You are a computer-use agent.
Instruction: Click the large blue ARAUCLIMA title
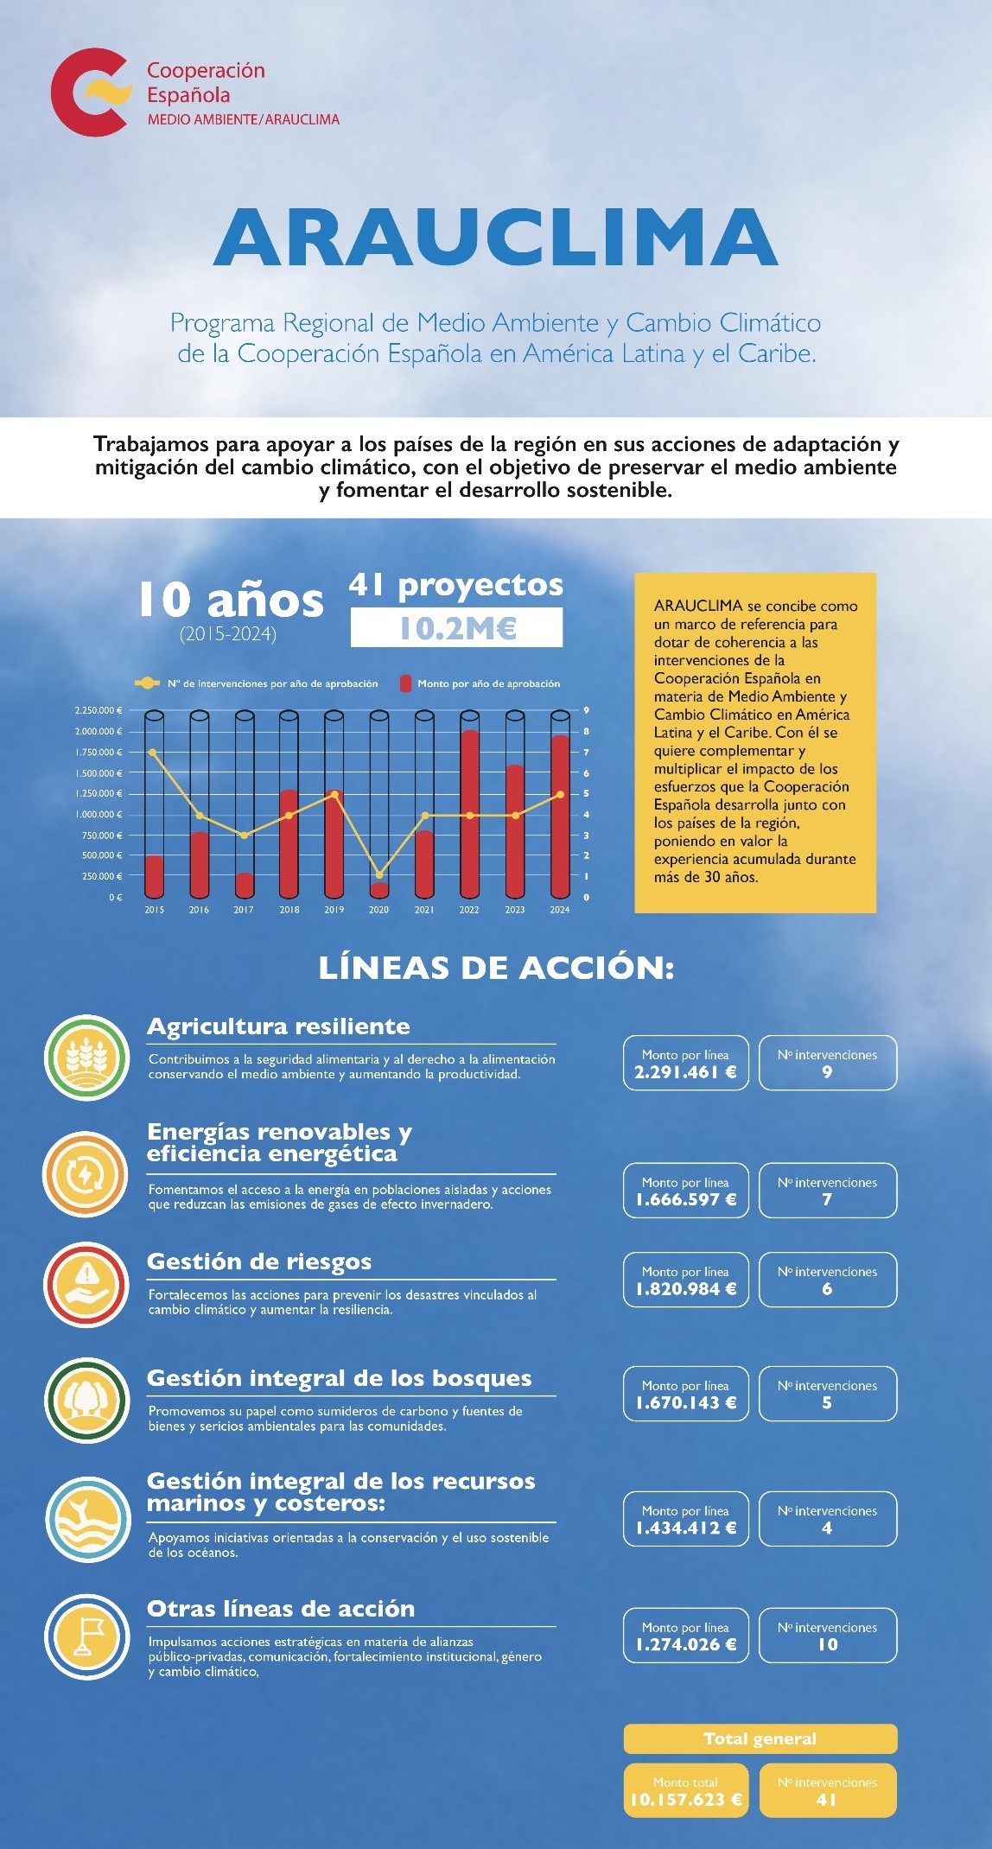point(495,238)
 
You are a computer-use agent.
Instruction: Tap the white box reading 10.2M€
point(456,628)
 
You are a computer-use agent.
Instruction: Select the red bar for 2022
point(469,814)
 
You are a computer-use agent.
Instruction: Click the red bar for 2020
point(379,890)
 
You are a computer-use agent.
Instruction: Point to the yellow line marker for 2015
point(153,753)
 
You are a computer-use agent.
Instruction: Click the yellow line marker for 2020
point(379,875)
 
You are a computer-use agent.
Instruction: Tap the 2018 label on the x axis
point(289,910)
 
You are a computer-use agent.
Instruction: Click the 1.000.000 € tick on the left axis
point(99,815)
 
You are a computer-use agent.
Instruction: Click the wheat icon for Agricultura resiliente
point(86,1058)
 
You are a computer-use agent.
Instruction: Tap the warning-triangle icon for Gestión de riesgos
point(86,1285)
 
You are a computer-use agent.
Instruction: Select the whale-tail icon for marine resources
point(86,1520)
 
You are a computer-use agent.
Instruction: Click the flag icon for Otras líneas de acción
point(86,1636)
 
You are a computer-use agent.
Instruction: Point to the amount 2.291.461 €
point(685,1072)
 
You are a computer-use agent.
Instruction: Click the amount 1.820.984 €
point(685,1289)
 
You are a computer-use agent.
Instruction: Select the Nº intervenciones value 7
point(827,1199)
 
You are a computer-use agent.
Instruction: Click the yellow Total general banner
point(760,1738)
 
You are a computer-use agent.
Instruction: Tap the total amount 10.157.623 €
point(685,1800)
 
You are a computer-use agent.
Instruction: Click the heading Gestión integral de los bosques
point(339,1378)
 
